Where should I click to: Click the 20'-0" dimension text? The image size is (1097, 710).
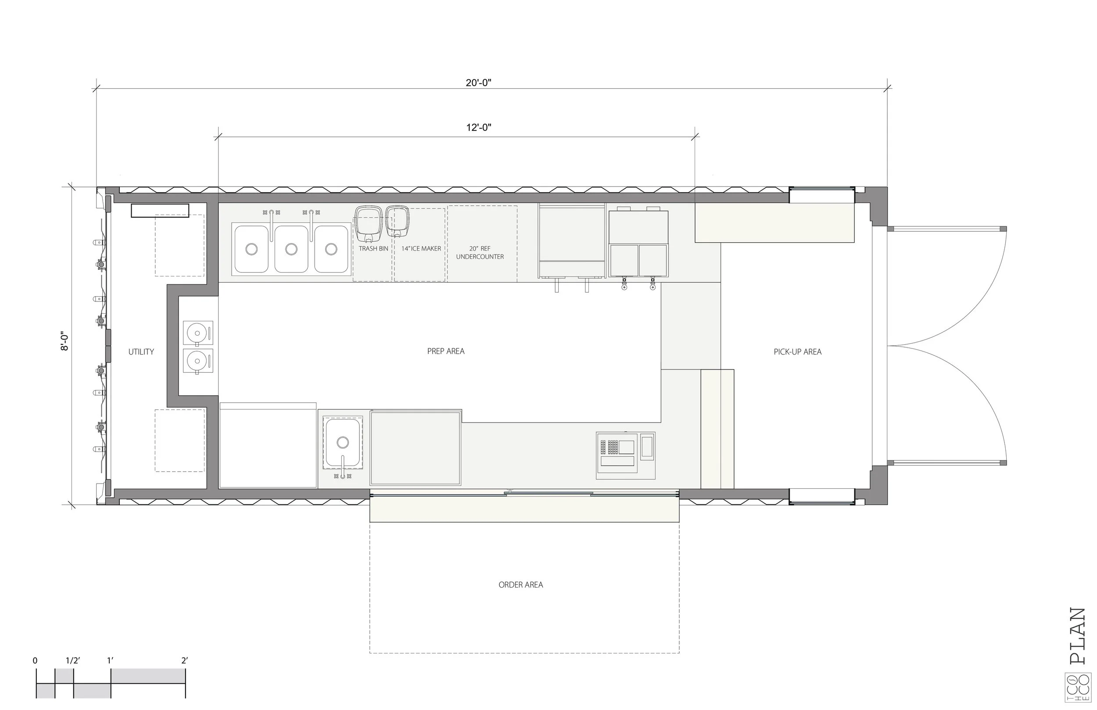click(x=478, y=83)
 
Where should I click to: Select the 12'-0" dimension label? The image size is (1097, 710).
click(x=478, y=127)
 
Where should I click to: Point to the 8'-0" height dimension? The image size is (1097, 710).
click(x=65, y=342)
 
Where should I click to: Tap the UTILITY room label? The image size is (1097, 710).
click(x=141, y=352)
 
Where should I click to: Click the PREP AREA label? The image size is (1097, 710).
click(x=446, y=351)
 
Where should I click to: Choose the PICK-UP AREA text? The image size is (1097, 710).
click(x=797, y=352)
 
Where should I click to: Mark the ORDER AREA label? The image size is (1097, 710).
click(x=521, y=584)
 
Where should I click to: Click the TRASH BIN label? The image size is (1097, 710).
click(x=373, y=248)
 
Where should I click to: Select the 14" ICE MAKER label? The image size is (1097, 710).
click(x=421, y=248)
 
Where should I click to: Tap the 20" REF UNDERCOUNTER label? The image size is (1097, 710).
click(x=480, y=253)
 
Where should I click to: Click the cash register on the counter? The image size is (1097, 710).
click(x=625, y=455)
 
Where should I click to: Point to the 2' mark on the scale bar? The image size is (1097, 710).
click(x=184, y=660)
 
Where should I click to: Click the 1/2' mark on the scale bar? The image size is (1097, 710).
click(x=73, y=660)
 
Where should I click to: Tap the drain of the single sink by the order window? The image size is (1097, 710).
click(x=342, y=443)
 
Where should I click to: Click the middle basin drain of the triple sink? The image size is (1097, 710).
click(x=291, y=249)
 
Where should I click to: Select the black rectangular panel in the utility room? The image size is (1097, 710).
click(x=160, y=211)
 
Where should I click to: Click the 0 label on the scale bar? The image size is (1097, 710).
click(x=35, y=661)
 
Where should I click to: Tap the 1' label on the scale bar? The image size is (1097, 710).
click(x=110, y=660)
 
